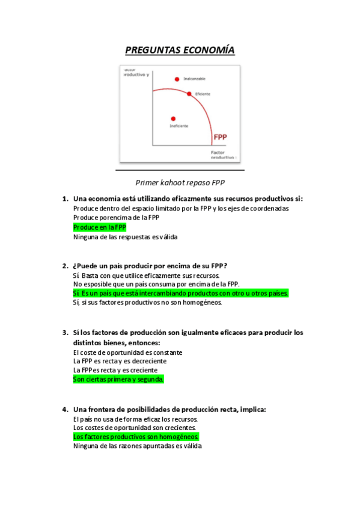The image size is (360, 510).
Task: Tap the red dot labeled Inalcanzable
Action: click(177, 79)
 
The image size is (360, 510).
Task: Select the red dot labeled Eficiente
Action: click(189, 94)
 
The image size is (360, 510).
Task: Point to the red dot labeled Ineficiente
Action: click(174, 118)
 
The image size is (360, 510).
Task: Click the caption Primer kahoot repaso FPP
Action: click(180, 182)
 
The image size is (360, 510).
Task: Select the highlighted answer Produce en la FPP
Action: click(100, 227)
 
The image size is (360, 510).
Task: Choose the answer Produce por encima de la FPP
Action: click(116, 218)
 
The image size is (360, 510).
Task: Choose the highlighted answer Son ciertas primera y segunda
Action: click(118, 379)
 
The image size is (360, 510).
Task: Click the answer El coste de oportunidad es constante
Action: click(127, 352)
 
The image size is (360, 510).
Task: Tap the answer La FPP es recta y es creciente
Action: click(115, 370)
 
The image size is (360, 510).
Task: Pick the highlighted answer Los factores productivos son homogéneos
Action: click(136, 437)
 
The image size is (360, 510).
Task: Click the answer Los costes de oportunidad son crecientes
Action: click(135, 428)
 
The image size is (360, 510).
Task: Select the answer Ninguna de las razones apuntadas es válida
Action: click(137, 446)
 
